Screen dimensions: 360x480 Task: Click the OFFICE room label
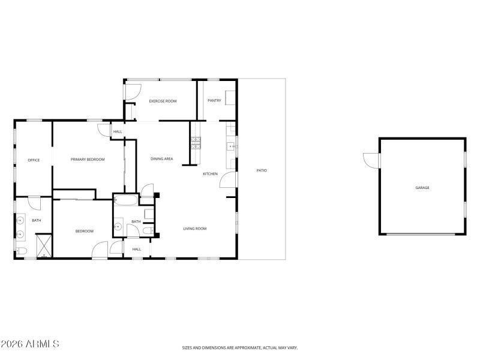pyautogui.click(x=34, y=160)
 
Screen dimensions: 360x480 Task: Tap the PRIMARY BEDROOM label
pyautogui.click(x=88, y=160)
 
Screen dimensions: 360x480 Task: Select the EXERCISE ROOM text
pyautogui.click(x=163, y=101)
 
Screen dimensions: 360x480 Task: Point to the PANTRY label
pyautogui.click(x=214, y=101)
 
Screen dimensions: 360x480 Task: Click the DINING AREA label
pyautogui.click(x=162, y=159)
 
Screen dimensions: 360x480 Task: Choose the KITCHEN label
pyautogui.click(x=210, y=174)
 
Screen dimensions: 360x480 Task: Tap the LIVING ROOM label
pyautogui.click(x=195, y=229)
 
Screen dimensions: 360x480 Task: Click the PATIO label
pyautogui.click(x=262, y=171)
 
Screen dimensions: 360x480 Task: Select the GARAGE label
pyautogui.click(x=422, y=188)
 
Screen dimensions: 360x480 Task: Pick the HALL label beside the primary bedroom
pyautogui.click(x=118, y=131)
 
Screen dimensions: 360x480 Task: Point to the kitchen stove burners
pyautogui.click(x=196, y=143)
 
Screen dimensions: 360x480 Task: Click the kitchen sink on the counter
pyautogui.click(x=230, y=146)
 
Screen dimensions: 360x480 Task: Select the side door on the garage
pyautogui.click(x=371, y=160)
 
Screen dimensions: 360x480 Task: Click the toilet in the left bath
pyautogui.click(x=21, y=251)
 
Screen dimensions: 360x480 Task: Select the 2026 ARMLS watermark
pyautogui.click(x=30, y=344)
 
